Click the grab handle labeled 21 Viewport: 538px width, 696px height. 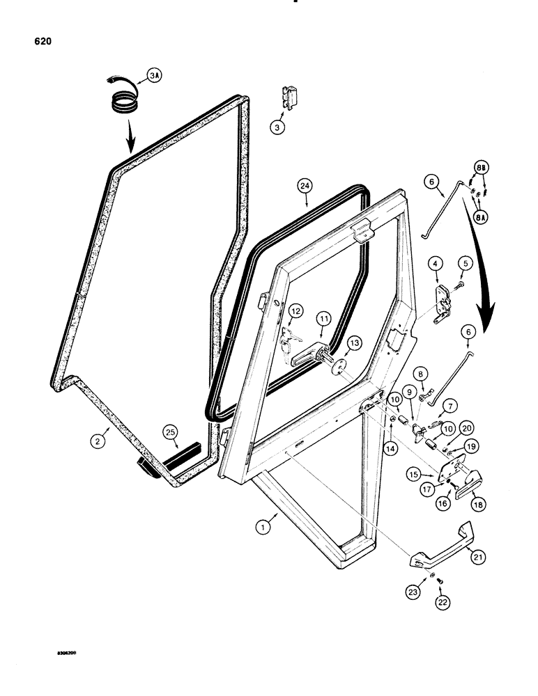click(x=443, y=546)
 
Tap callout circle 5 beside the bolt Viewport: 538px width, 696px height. click(x=466, y=264)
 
